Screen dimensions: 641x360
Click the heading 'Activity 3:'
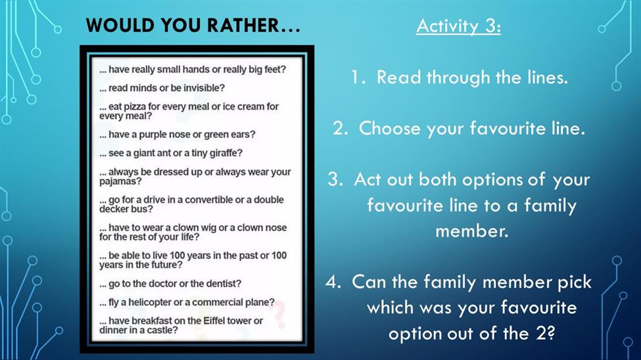click(x=459, y=26)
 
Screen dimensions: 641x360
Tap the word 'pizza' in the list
click(x=135, y=107)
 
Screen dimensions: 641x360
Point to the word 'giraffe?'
click(x=226, y=153)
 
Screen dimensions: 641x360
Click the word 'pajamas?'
click(x=120, y=181)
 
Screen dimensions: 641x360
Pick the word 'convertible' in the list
click(x=209, y=200)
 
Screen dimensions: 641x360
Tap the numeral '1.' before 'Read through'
click(x=358, y=78)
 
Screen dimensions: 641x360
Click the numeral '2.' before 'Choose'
click(x=340, y=128)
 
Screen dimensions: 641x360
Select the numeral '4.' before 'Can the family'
click(x=333, y=282)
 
